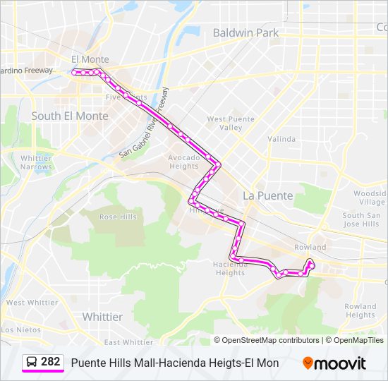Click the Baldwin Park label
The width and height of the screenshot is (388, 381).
tap(245, 32)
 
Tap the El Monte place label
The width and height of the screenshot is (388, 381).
tap(90, 59)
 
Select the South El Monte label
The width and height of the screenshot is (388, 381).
tap(70, 116)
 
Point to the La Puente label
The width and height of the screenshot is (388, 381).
tap(267, 195)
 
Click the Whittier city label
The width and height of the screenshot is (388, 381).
tap(102, 317)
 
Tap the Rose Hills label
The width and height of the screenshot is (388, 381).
tap(118, 217)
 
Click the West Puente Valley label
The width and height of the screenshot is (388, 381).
tap(225, 123)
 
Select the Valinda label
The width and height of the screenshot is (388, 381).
tap(281, 139)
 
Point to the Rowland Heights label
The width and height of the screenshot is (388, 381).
tap(360, 310)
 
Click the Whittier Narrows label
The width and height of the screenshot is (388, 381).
tap(36, 162)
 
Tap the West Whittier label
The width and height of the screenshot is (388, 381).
tap(32, 303)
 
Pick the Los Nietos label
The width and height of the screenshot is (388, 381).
tap(20, 329)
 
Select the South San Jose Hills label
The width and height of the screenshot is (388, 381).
tap(360, 219)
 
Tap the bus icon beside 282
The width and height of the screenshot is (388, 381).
tap(32, 363)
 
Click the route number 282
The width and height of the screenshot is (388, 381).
tap(51, 362)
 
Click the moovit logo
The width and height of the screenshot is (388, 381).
tap(334, 363)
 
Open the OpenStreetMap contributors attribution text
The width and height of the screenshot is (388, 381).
tap(270, 340)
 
